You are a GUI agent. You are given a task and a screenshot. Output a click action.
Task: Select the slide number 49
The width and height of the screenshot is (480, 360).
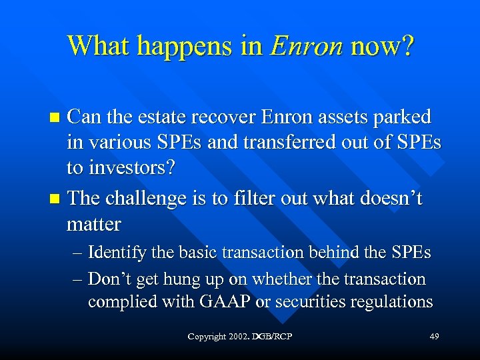point(434,336)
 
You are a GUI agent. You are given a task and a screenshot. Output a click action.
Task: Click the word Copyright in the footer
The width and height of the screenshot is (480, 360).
point(207,336)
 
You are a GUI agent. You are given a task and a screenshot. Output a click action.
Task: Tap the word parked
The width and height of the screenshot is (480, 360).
point(403,118)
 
